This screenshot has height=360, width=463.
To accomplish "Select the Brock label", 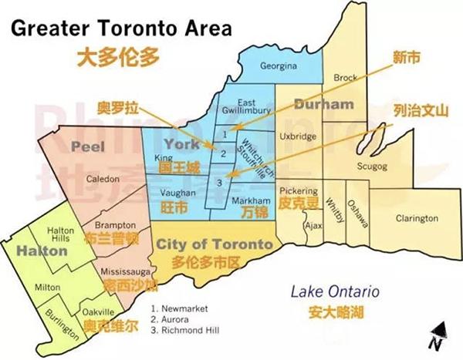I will (x=345, y=78).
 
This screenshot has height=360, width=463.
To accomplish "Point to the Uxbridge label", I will (x=298, y=136).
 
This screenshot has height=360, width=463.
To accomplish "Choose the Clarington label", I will (x=416, y=218).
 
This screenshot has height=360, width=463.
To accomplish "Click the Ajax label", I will (x=313, y=226).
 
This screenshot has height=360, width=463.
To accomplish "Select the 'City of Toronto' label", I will (x=214, y=244).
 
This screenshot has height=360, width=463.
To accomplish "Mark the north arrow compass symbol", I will (x=437, y=334).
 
